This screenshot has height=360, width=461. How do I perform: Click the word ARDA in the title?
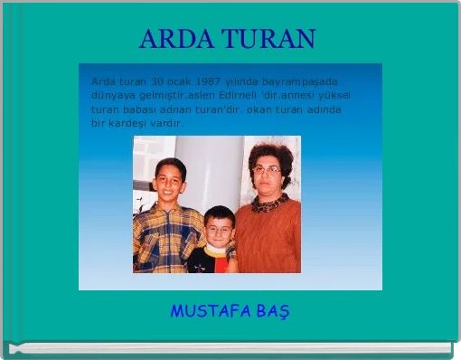(172, 39)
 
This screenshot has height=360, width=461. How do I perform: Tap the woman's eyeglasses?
(268, 169)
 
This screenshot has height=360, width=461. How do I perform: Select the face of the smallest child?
(217, 227)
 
